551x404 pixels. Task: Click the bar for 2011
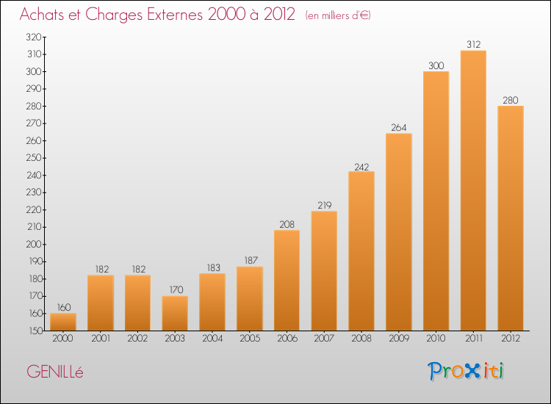click(x=473, y=191)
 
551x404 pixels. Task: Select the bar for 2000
click(x=63, y=322)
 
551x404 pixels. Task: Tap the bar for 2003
click(x=175, y=314)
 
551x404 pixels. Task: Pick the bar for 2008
click(x=361, y=251)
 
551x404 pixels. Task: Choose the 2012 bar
click(x=511, y=218)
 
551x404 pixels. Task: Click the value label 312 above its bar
click(x=473, y=44)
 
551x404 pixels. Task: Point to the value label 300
click(x=436, y=65)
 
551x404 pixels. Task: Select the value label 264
click(x=399, y=127)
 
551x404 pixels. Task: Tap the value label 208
click(x=287, y=224)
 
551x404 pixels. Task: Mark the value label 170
click(x=175, y=290)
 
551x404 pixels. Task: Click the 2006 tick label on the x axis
click(x=287, y=338)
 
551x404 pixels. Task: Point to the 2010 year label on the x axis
click(x=436, y=338)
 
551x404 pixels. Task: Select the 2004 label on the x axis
click(x=212, y=338)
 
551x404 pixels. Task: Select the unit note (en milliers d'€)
click(x=339, y=15)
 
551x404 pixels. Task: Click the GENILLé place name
click(x=55, y=372)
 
